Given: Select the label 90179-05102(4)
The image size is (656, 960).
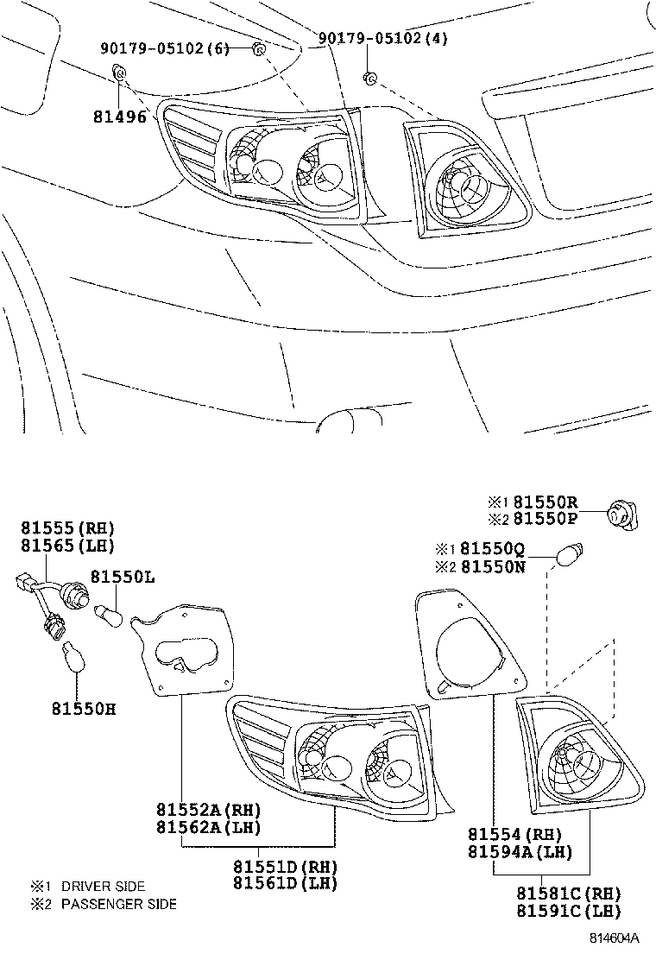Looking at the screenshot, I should click(383, 39).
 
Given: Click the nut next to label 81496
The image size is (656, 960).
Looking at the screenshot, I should click(121, 79).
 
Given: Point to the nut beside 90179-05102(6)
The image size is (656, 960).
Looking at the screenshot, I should click(258, 49).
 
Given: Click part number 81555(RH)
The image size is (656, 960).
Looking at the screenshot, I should click(68, 528).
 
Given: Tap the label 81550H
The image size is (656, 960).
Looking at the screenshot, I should click(82, 709).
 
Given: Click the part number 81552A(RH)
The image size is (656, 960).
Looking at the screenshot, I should click(208, 810).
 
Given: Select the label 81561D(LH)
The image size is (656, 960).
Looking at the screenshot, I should click(285, 883).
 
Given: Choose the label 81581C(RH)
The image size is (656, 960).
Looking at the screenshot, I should click(568, 894).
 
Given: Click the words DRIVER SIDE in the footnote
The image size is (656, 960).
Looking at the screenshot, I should click(103, 887).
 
